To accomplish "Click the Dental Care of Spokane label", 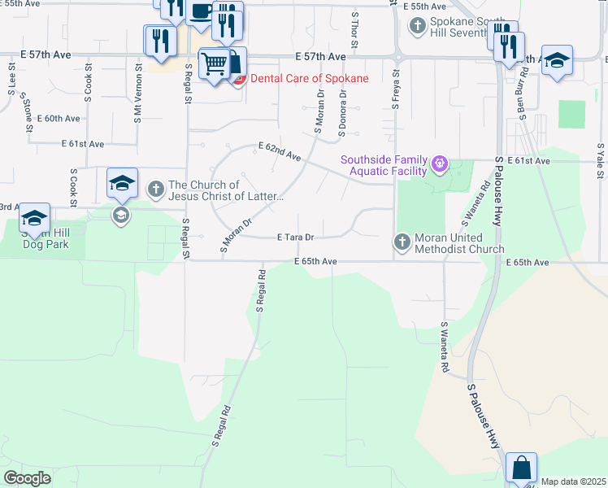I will coord(309,78).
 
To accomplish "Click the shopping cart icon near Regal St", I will coord(214,62).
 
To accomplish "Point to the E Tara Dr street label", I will coord(295,237).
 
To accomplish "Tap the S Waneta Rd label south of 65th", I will coord(445,347).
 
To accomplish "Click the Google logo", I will coord(27,478).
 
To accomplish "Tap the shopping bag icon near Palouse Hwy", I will coord(521,468).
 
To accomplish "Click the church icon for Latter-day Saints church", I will coord(156,190).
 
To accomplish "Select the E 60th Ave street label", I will coord(63,118).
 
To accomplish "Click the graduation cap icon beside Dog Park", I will coord(34,217).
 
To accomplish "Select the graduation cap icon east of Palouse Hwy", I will coord(557,60).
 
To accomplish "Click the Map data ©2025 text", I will coord(573,482).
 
